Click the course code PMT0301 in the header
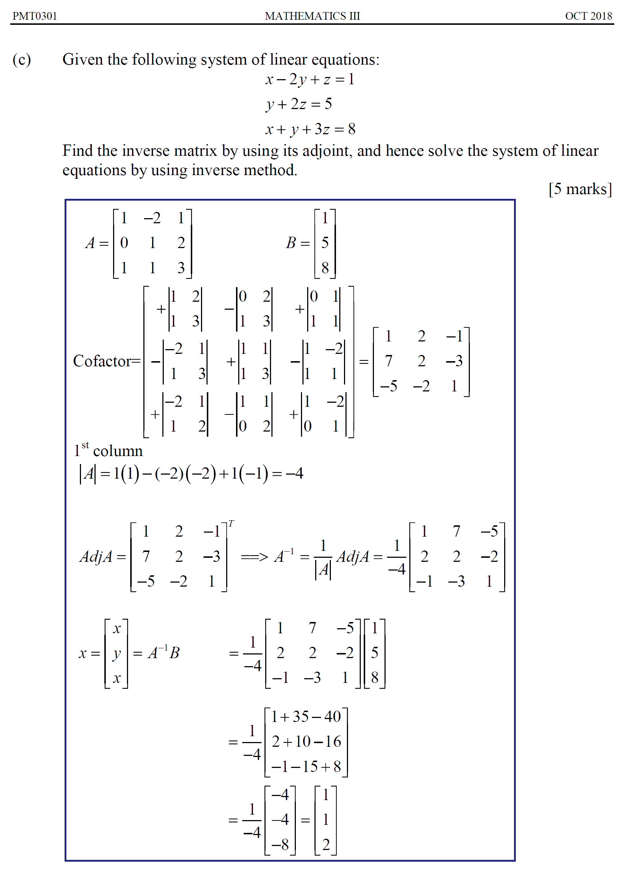35,16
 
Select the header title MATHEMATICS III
312,16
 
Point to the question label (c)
22,60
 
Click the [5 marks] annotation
580,189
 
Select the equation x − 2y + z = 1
309,80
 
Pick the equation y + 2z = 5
299,104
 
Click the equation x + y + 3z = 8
310,129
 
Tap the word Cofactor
103,361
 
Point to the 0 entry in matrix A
124,243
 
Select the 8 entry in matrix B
325,268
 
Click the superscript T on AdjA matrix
231,524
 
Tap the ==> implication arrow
254,557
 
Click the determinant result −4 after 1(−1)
294,474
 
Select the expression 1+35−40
306,716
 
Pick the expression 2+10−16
306,742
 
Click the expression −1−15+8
306,767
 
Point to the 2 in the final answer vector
326,845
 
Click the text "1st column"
108,451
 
